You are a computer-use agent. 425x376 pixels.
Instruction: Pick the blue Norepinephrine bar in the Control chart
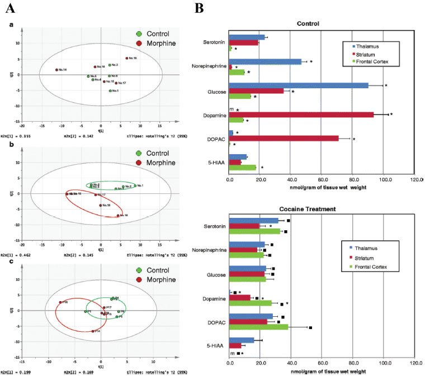(x=265, y=61)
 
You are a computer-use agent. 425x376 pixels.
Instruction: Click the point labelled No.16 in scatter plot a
(x=127, y=58)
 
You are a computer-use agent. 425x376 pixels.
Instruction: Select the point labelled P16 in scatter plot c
(x=60, y=302)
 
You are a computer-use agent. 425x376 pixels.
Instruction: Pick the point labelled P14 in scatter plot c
(x=93, y=331)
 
